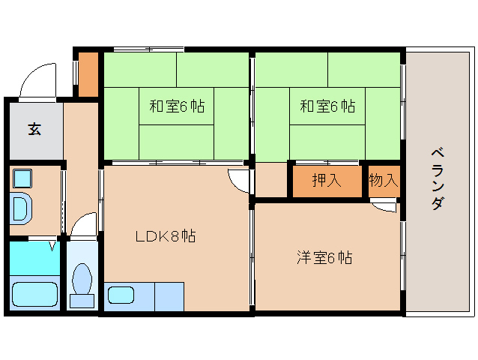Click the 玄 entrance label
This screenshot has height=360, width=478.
[34, 129]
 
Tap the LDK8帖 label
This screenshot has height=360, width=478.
[166, 237]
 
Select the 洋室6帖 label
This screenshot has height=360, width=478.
[324, 258]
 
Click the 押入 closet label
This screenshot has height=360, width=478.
[326, 181]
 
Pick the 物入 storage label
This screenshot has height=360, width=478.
[384, 181]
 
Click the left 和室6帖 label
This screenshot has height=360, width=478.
[176, 106]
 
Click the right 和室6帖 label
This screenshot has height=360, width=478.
[327, 106]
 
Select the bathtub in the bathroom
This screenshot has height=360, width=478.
[34, 294]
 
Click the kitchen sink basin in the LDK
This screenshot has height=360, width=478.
[121, 294]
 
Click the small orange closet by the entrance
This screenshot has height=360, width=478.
[88, 73]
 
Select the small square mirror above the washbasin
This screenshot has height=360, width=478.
[22, 178]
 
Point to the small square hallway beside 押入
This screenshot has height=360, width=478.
[271, 181]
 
